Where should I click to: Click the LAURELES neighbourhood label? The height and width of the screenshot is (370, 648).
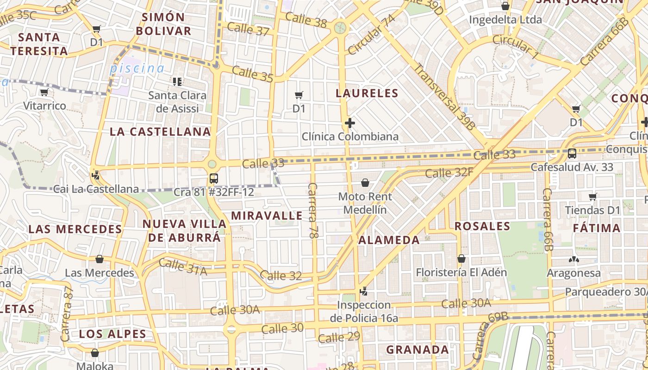(x=367, y=93)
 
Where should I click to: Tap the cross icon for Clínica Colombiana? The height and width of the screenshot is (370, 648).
(x=350, y=123)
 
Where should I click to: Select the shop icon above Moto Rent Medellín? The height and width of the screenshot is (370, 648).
(x=365, y=183)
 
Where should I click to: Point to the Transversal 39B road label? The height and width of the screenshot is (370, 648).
(x=444, y=96)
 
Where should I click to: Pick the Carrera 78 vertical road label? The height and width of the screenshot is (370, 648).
(x=313, y=210)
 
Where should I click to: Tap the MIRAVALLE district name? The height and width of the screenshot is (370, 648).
(x=267, y=216)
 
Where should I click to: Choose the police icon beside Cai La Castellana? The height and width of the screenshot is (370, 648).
(x=96, y=175)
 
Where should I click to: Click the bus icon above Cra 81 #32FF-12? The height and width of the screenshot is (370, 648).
(x=213, y=179)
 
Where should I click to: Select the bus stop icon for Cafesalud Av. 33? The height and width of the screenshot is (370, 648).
(x=572, y=154)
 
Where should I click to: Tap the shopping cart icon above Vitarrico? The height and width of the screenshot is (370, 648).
(x=44, y=92)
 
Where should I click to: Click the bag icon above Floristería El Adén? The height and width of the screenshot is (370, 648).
(x=461, y=259)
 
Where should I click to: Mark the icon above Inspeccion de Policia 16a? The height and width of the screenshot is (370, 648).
(x=364, y=291)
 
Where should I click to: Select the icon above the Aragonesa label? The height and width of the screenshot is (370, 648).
(x=573, y=259)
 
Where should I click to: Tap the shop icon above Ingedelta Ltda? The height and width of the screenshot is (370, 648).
(x=505, y=6)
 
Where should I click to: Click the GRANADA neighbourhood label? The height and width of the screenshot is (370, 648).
(x=417, y=350)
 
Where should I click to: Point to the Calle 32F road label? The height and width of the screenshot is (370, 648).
(x=449, y=173)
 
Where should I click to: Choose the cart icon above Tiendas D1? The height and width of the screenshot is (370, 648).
(x=592, y=197)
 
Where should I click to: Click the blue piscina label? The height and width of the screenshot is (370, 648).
(x=137, y=69)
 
